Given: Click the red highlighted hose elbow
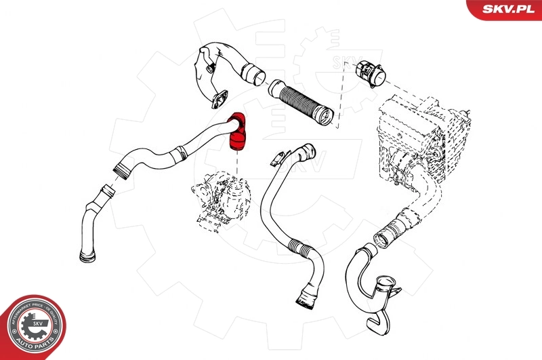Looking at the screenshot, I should coord(238,130).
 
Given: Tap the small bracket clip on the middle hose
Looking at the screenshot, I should coord(275,161).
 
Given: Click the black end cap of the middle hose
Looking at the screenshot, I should coord(304,298).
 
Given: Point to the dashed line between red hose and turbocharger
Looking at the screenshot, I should coord(238,161).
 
